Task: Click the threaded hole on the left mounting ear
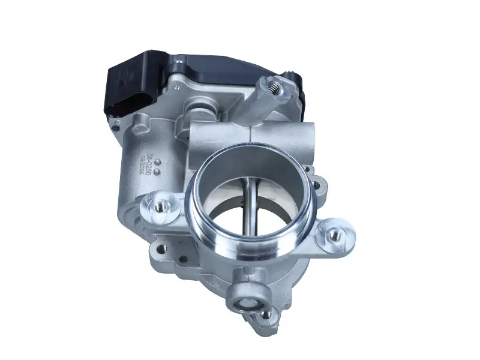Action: [160, 206]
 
